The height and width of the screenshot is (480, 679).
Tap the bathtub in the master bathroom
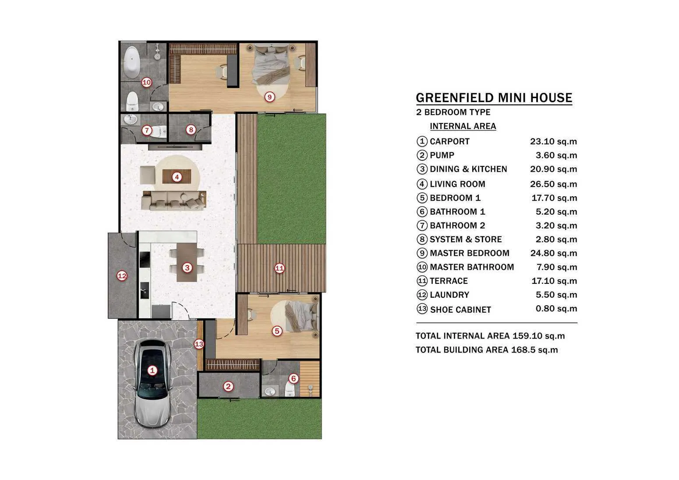click(131, 63)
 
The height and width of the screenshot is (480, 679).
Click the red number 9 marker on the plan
click(269, 97)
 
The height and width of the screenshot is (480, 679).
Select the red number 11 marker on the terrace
click(279, 268)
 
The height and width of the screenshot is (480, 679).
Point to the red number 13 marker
click(199, 344)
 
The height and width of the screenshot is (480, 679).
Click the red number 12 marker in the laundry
click(122, 276)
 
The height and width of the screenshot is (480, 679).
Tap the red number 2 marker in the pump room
click(228, 386)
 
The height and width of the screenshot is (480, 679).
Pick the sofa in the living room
click(174, 200)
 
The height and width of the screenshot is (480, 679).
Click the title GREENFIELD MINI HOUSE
click(494, 98)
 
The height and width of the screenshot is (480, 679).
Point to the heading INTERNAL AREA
click(463, 126)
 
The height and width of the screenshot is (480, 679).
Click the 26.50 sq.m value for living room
click(554, 184)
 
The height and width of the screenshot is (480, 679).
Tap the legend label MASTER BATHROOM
click(472, 267)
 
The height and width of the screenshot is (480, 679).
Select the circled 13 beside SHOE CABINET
click(422, 309)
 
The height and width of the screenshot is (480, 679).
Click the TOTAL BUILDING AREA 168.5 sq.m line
click(487, 349)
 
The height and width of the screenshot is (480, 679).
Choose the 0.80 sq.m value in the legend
click(556, 308)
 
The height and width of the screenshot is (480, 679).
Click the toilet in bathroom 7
click(159, 132)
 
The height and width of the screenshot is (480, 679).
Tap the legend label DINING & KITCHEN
click(468, 169)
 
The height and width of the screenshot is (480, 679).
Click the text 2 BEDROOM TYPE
click(453, 112)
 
